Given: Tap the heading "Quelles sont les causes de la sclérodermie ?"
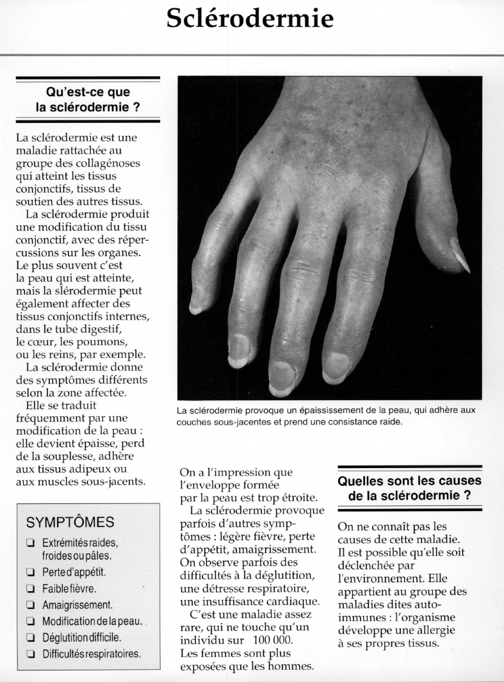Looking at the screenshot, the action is (x=409, y=489).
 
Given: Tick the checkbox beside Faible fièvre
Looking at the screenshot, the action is (x=30, y=588).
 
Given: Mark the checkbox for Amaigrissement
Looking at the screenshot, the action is (x=30, y=605).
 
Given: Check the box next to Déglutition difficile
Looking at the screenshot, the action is (x=30, y=637).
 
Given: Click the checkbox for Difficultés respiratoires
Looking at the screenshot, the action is (x=30, y=654).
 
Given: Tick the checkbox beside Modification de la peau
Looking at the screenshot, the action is (x=30, y=621).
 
